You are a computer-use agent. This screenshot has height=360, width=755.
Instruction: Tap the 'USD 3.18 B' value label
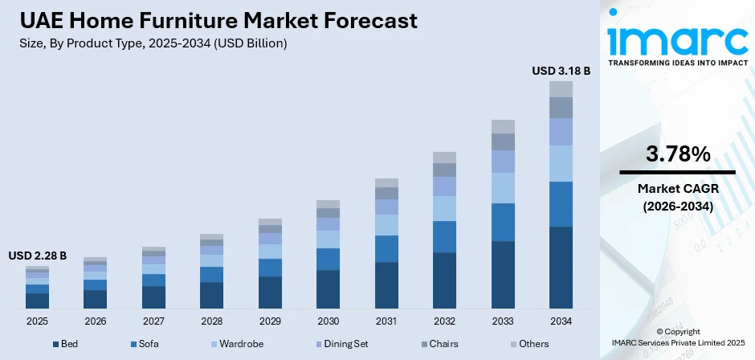pos(561,71)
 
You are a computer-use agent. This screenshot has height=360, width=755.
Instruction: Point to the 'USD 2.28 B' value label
pos(38,256)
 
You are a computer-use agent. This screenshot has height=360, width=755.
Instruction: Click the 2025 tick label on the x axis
pos(37,321)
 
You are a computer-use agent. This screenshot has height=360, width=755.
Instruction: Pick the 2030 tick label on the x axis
pos(328,321)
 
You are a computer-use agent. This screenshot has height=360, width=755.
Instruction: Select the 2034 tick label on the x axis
pos(561,321)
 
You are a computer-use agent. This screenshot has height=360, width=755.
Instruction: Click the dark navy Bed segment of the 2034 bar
pos(561,268)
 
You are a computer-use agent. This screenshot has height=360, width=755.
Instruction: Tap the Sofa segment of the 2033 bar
pos(503,222)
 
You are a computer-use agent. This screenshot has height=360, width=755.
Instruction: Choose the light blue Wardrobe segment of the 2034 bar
pos(561,163)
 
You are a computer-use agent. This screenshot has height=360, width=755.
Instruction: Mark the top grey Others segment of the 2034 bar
pos(561,89)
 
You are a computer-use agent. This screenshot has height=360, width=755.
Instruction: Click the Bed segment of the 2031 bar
pos(386,285)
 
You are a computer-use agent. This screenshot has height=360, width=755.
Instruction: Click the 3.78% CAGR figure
pos(677,154)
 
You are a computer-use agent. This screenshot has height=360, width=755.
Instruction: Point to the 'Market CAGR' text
pos(677,188)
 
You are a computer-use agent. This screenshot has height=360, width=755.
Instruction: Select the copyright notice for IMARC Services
pos(676,337)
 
